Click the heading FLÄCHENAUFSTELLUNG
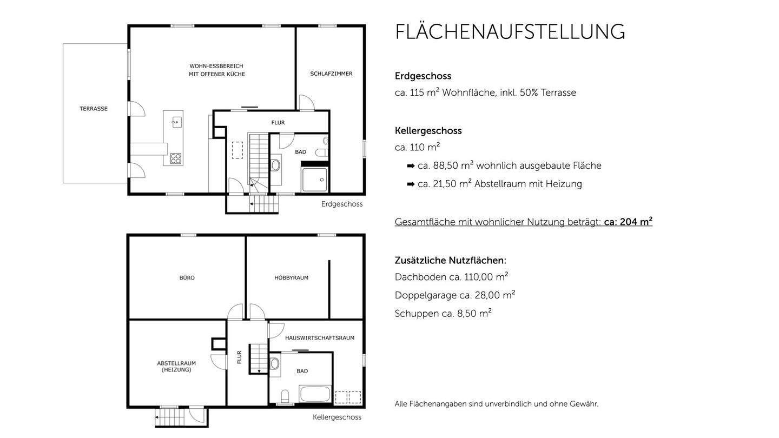tap(510, 32)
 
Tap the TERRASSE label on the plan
tap(94, 109)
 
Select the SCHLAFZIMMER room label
tap(331, 74)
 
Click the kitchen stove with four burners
tap(176, 158)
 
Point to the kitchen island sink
tap(176, 122)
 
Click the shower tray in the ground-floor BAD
tap(314, 180)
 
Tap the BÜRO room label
tap(187, 278)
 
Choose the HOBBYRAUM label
tap(291, 278)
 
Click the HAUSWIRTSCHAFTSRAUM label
tap(319, 338)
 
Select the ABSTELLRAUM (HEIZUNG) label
tap(176, 367)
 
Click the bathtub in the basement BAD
tap(315, 394)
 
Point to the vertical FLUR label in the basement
tap(239, 357)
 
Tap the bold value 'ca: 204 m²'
tap(628, 222)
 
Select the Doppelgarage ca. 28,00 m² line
tap(454, 295)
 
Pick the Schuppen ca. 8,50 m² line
tap(443, 314)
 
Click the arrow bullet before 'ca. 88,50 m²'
tap(411, 166)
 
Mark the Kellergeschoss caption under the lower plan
tap(336, 417)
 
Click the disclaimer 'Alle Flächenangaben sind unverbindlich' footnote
tap(496, 404)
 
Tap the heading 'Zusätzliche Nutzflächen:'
tap(450, 261)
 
